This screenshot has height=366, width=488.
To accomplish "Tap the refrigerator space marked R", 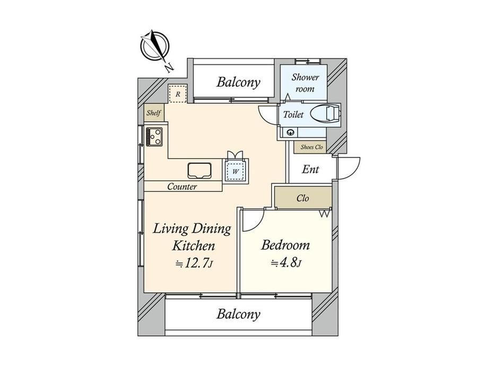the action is coord(177,94).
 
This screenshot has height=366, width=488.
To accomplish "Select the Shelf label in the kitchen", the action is coord(154,112).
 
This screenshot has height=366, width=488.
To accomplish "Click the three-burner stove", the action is coord(154,136).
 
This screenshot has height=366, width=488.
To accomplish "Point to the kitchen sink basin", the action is coord(199,171).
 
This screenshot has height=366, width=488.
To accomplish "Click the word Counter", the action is coord(182,186).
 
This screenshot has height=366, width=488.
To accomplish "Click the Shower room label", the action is coord(305,83).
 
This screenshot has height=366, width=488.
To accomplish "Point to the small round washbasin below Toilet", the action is coord(291,133).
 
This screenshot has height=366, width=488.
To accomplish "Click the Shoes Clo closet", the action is coord(311,147).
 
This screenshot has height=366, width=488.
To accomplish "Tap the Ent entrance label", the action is coord(310,169).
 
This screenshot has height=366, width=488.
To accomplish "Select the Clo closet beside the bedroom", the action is coord(302,198).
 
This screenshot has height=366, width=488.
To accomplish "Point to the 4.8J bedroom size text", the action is coord(286,263).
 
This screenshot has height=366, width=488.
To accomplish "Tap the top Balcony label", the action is coord(238,82).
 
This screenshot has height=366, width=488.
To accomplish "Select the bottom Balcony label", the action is coord(238,314).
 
